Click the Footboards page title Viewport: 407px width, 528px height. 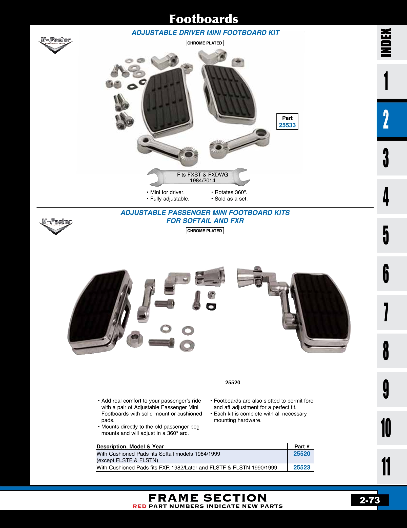click(x=203, y=19)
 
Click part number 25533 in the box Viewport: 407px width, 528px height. click(x=287, y=125)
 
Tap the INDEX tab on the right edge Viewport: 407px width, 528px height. click(x=386, y=42)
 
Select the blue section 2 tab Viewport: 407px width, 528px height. click(x=386, y=119)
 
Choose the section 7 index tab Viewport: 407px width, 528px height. click(x=386, y=312)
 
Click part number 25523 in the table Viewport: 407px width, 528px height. click(x=301, y=467)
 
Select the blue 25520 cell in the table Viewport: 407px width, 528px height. click(x=301, y=454)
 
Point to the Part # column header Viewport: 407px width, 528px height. click(x=301, y=446)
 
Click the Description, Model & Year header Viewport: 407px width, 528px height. click(x=130, y=446)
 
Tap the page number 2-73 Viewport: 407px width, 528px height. click(x=370, y=500)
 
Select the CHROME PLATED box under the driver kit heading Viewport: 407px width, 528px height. click(x=205, y=43)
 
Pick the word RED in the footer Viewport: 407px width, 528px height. click(x=139, y=506)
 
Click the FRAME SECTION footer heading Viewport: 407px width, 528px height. click(x=207, y=498)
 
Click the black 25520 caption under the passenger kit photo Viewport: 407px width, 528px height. click(x=233, y=383)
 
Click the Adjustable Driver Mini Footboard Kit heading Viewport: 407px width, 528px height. click(x=205, y=33)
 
